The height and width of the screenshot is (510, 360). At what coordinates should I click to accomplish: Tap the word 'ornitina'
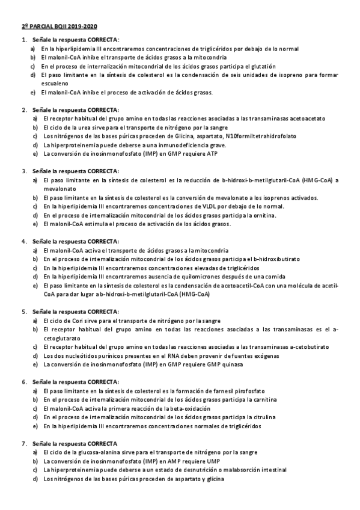(x=263, y=215)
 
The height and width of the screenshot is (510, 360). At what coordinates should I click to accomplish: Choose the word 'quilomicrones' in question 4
(x=183, y=277)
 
